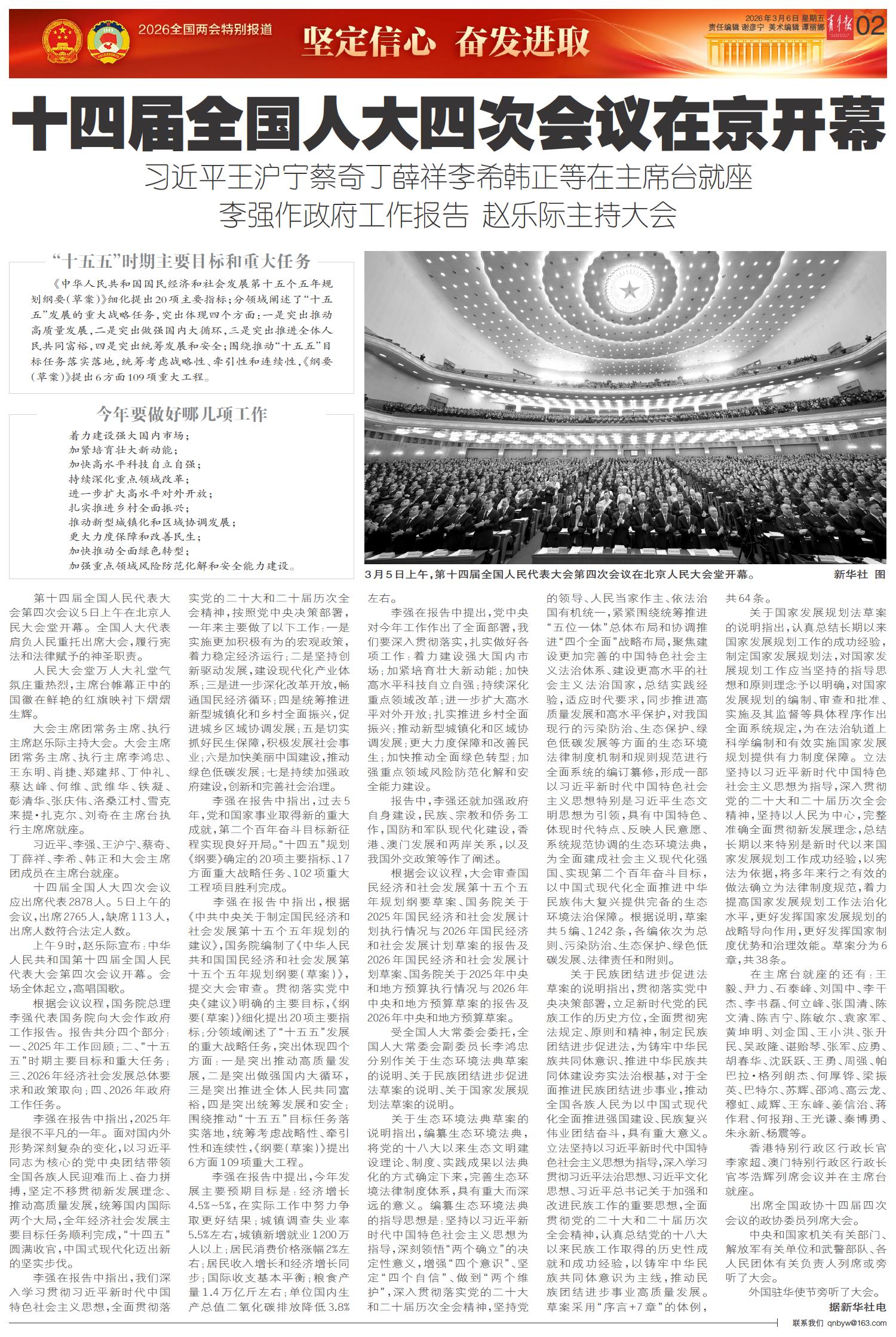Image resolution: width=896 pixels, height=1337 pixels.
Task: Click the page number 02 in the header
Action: [870, 26]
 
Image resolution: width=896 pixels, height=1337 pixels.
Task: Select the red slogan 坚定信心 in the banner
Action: [368, 42]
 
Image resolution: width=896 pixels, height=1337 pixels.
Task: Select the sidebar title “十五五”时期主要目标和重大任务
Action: [182, 261]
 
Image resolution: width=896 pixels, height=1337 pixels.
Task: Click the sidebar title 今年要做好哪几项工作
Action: [182, 414]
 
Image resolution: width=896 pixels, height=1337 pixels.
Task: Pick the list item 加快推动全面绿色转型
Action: [128, 550]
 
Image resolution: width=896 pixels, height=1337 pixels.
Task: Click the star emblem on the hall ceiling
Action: [629, 290]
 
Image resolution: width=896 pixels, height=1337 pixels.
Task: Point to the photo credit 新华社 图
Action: [860, 575]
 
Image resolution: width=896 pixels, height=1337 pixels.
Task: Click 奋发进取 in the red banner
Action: [522, 42]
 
